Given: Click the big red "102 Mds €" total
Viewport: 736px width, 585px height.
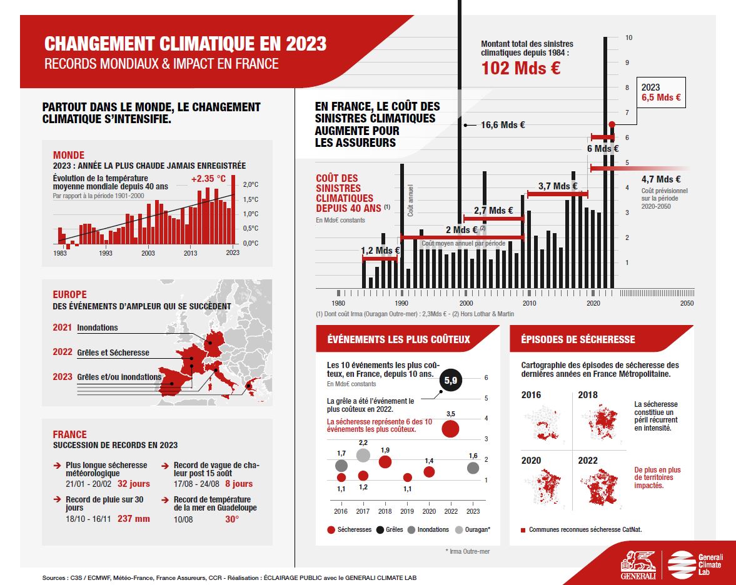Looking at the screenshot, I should click(x=520, y=68).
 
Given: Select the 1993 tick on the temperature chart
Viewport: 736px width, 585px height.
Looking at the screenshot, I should click(x=105, y=253).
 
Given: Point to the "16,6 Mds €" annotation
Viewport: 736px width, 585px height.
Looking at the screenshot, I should click(x=502, y=125).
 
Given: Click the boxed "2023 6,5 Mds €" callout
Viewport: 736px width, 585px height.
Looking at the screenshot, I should click(x=660, y=93).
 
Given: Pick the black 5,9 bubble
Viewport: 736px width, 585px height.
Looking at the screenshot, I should click(x=450, y=380).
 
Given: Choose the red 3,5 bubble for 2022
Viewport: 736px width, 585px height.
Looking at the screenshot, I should click(x=450, y=429).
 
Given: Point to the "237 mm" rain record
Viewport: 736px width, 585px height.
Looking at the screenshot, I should click(x=134, y=518).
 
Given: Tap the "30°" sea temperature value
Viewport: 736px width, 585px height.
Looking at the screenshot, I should click(x=233, y=518).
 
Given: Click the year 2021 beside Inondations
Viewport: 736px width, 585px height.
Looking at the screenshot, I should click(x=63, y=327).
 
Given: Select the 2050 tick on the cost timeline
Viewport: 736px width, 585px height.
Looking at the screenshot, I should click(x=686, y=303).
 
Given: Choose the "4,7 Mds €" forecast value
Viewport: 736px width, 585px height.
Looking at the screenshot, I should click(x=660, y=179).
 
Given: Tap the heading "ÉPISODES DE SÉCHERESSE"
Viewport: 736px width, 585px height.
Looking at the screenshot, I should click(x=578, y=339).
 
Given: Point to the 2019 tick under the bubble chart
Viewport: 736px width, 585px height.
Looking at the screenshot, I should click(x=407, y=511).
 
